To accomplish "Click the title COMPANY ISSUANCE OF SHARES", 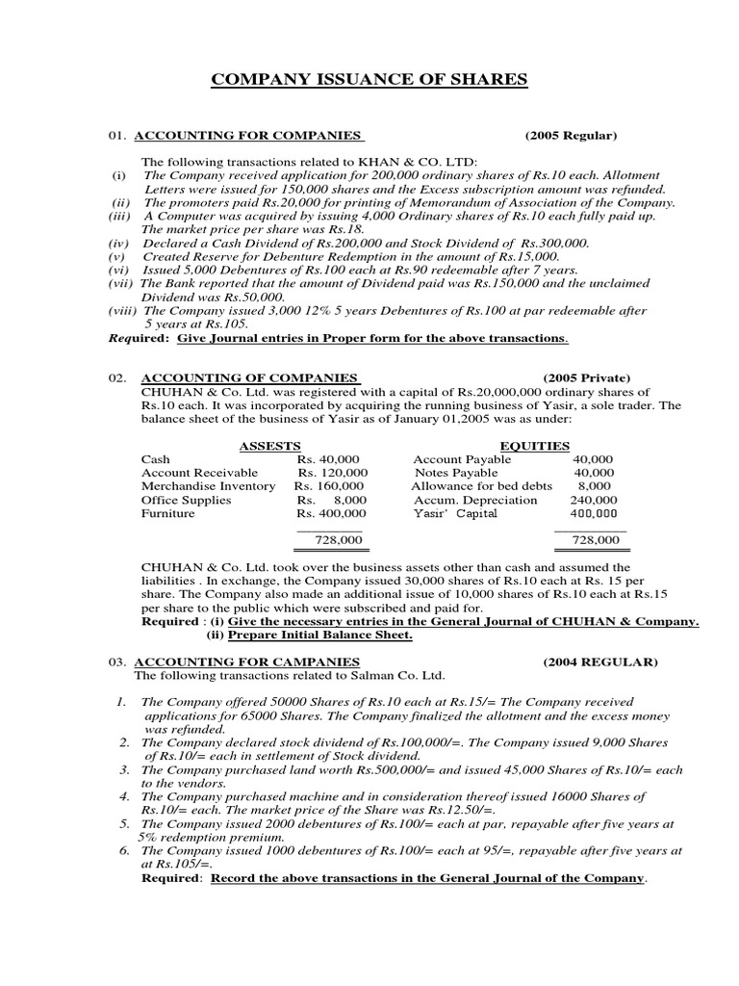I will point(369,80).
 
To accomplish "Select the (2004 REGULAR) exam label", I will point(599,662).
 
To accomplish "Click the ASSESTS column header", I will point(269,446).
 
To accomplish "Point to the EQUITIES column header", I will point(535,446).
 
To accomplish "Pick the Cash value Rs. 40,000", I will point(328,459).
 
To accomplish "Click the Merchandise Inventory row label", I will point(208,486).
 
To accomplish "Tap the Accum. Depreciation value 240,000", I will point(595,500).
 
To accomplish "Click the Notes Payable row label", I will point(456,473).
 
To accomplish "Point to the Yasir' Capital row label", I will point(455,513).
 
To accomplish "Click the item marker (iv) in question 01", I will point(117,244).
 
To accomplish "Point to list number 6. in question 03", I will point(124,850).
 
